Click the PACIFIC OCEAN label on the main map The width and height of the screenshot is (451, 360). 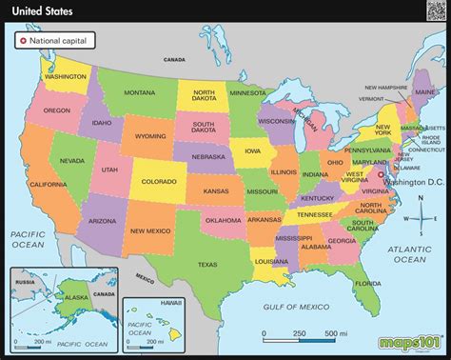[29, 238]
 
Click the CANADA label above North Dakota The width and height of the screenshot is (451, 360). [175, 59]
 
